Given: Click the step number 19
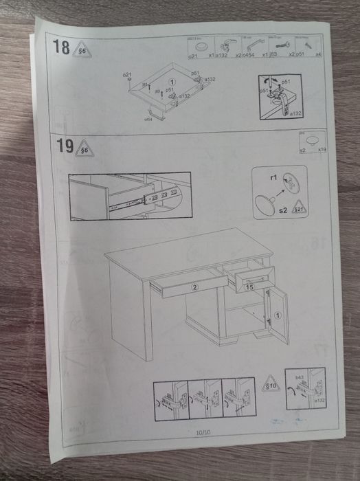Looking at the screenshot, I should click(x=65, y=147).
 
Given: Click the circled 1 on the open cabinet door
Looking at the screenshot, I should click(x=278, y=315).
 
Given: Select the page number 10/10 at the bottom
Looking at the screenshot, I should click(x=203, y=432).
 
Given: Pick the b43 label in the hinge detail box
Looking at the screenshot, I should click(x=300, y=377).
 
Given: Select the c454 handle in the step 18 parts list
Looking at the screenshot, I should click(x=249, y=46).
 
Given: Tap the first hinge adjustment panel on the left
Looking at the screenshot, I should click(x=170, y=399).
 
